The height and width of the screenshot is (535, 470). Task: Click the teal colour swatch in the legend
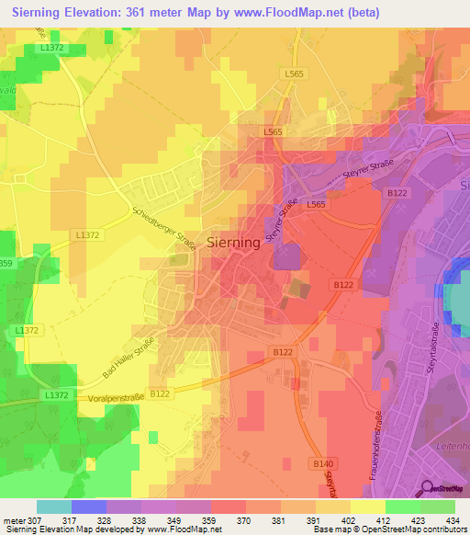tap(54, 507)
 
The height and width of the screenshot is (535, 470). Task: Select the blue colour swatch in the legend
tap(89, 507)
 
